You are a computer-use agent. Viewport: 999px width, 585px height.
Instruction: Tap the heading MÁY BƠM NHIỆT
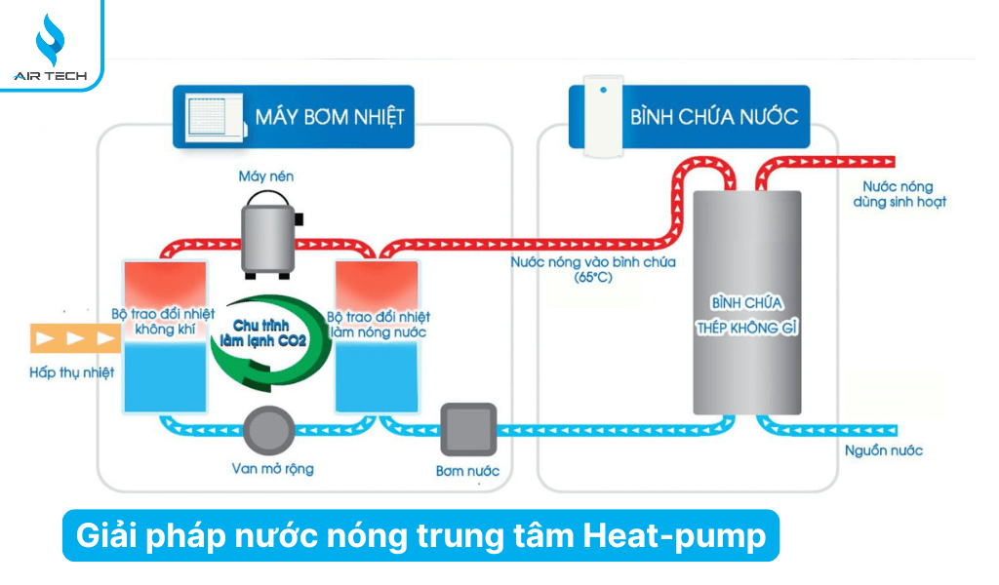[x=329, y=117]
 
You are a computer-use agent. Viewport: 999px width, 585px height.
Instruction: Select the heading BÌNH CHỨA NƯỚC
[x=713, y=117]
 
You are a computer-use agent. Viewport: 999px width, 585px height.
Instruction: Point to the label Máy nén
[x=265, y=176]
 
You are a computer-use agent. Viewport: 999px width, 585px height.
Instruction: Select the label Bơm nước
[x=467, y=471]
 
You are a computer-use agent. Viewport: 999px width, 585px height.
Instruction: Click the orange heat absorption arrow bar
[x=74, y=337]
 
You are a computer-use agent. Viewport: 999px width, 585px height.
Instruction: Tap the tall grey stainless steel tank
[x=747, y=302]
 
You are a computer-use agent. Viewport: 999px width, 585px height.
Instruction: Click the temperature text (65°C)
[x=592, y=277]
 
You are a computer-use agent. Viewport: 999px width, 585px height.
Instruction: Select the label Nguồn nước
[x=883, y=450]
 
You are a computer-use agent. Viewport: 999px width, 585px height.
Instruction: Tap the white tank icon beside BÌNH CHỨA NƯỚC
[x=603, y=115]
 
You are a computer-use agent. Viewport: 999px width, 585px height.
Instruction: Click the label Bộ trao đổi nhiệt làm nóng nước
[x=379, y=325]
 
